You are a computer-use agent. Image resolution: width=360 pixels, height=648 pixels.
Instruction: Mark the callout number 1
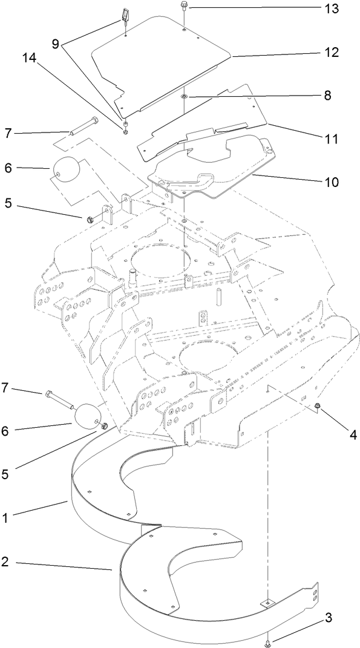(5, 519)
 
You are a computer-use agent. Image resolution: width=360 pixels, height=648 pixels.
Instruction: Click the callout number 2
(5, 562)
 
